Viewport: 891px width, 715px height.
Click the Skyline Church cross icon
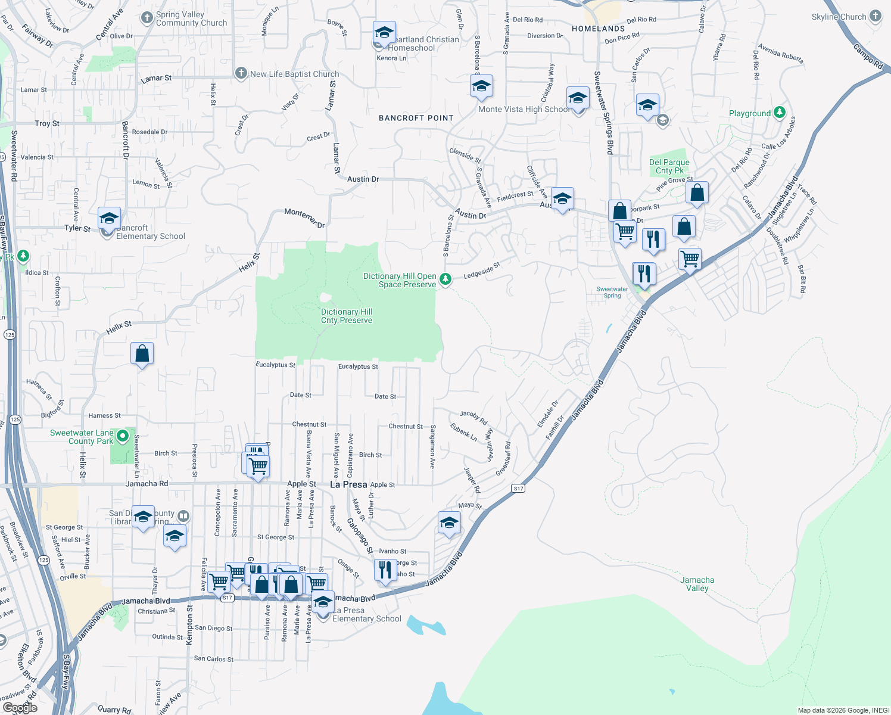coord(875,17)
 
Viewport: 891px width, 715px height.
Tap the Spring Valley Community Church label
coord(191,19)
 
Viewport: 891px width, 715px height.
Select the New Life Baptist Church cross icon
coord(241,73)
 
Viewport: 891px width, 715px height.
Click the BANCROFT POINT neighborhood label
coord(416,118)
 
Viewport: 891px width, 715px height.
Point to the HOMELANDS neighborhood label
coord(598,29)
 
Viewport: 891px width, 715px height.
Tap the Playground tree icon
coord(779,113)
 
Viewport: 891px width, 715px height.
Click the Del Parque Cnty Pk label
coord(669,166)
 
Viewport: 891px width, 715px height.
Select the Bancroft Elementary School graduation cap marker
coord(109,219)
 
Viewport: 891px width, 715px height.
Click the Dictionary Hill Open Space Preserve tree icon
coord(445,279)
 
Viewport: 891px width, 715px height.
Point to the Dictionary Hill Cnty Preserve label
coord(347,316)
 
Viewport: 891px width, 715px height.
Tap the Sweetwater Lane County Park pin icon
coord(123,436)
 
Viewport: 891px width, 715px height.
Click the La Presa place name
coord(348,484)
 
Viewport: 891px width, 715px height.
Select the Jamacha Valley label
coord(697,584)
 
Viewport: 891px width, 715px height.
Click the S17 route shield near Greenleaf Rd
coord(518,489)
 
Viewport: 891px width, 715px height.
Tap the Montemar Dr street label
coord(304,218)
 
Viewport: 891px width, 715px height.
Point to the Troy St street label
coord(47,123)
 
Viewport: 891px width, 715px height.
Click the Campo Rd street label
coord(868,57)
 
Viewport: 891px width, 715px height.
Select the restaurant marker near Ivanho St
coord(385,570)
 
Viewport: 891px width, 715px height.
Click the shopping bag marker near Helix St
coord(142,354)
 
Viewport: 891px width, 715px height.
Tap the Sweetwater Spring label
coord(612,292)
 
